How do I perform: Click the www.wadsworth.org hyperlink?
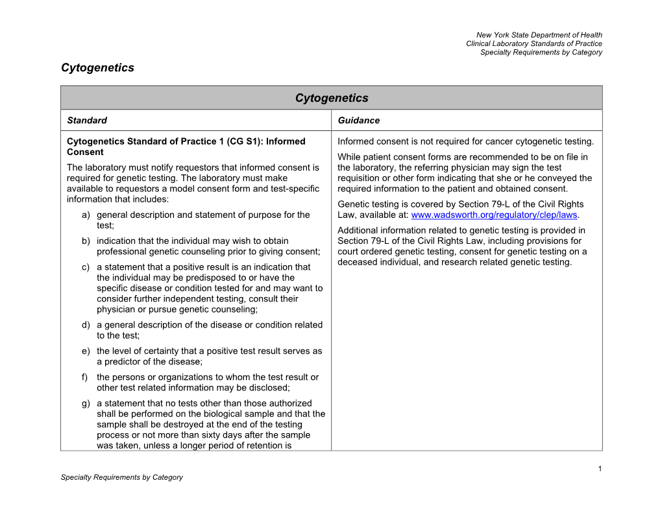[x=494, y=215]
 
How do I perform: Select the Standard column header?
[x=87, y=121]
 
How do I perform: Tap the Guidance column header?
[x=359, y=121]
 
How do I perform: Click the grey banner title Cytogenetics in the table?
[x=331, y=98]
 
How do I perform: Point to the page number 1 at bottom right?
[x=600, y=468]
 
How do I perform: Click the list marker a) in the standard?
[x=86, y=215]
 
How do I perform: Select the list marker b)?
[x=86, y=241]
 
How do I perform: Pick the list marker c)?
[x=86, y=267]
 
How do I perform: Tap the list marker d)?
[x=86, y=325]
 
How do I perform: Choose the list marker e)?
[x=86, y=351]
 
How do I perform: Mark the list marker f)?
[x=86, y=377]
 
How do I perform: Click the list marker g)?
[x=86, y=403]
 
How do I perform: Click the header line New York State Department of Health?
[x=539, y=35]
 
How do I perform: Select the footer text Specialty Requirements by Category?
[x=121, y=477]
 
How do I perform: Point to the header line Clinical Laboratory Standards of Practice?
[x=533, y=43]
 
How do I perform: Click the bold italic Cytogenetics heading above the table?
[x=97, y=67]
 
